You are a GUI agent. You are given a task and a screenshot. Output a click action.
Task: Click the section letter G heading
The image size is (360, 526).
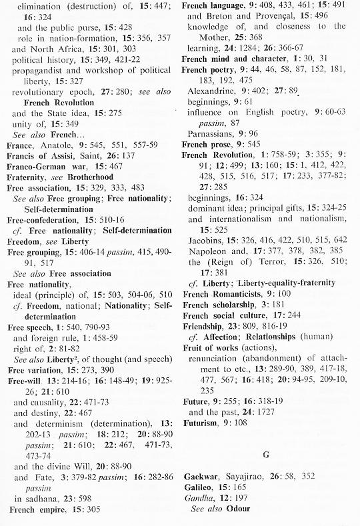click(x=265, y=455)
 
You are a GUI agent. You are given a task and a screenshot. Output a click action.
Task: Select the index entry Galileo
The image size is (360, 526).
click(x=198, y=488)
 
